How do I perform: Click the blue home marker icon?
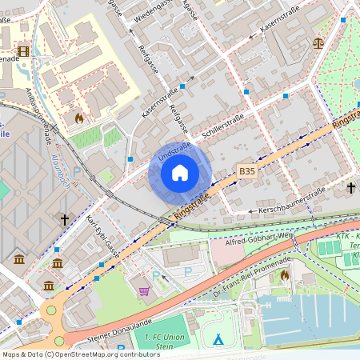[x=180, y=173]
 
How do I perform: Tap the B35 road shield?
[x=247, y=171]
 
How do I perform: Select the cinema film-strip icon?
[x=22, y=50]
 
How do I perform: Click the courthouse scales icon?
[x=318, y=42]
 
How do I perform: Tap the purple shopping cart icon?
[x=144, y=291]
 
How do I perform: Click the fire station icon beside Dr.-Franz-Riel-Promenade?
[x=286, y=275]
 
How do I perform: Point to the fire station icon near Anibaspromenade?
[x=78, y=118]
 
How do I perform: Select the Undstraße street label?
[x=173, y=150]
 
